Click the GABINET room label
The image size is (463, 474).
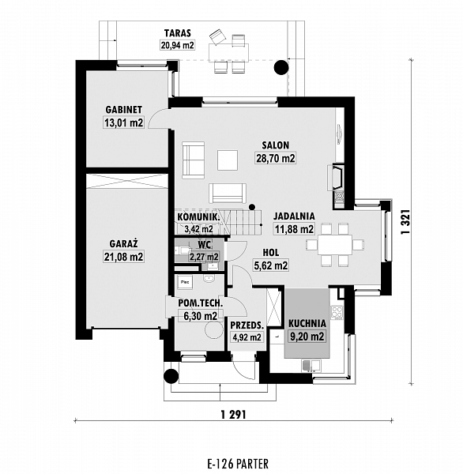pos(124,109)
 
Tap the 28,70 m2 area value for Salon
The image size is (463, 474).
pos(275,158)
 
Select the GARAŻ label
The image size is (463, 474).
pos(124,243)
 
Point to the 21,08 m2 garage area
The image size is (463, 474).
pos(124,257)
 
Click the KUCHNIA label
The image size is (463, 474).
pos(307,323)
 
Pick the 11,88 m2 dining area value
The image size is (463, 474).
pos(294,229)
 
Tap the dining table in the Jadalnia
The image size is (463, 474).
pos(335,245)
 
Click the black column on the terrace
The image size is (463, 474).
pos(281,67)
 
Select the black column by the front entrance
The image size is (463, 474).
pos(171,376)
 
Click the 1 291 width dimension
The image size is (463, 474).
pos(233,415)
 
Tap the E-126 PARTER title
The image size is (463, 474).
pos(238,464)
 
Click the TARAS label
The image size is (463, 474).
pos(178,32)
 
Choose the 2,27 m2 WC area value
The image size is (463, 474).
pos(204,257)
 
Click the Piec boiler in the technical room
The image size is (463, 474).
pos(185,283)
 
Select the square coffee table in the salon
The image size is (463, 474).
pos(228,160)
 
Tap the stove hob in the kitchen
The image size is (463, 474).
pos(337,313)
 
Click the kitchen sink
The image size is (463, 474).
pos(311,366)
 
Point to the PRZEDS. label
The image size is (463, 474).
pos(247,325)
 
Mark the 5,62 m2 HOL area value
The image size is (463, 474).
pos(271,265)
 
